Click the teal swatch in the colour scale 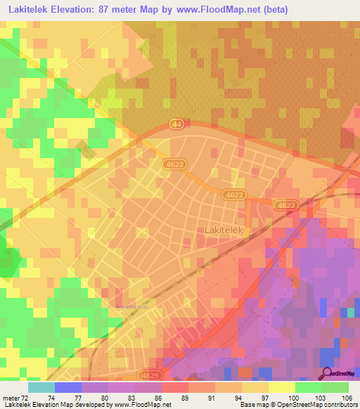coord(41,387)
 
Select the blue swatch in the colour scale coord(67,387)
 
